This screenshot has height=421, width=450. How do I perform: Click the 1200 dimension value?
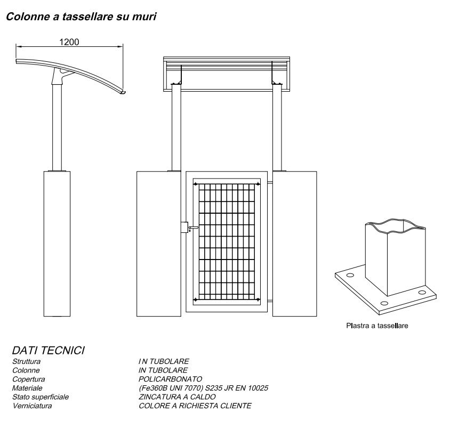[69, 42]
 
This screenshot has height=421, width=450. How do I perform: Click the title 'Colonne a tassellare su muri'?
[81, 17]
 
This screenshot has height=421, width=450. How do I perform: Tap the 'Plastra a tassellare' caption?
[377, 325]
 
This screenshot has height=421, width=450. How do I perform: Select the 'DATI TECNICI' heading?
[49, 351]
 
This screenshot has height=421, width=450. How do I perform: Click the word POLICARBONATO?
[171, 379]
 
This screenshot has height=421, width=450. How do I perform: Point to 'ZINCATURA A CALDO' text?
[177, 397]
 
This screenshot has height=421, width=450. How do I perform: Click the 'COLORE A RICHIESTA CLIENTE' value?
[195, 406]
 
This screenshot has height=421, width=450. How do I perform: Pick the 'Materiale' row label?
[27, 388]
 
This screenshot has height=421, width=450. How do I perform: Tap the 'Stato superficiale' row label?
[40, 397]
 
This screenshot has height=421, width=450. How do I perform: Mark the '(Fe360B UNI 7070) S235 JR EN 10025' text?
[203, 388]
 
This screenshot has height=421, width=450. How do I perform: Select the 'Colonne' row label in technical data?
[26, 370]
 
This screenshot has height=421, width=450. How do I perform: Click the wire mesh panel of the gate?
[227, 242]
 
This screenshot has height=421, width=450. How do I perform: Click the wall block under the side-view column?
[57, 242]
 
